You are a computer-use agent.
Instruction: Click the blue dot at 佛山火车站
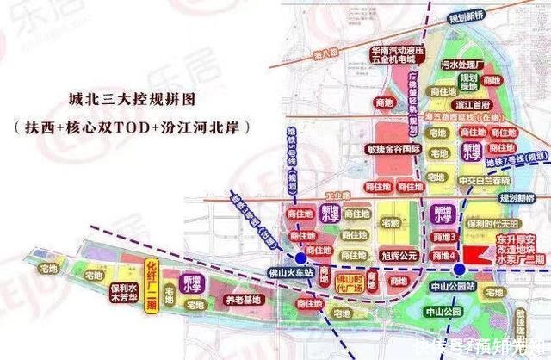[299, 258]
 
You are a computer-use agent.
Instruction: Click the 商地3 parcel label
[442, 236]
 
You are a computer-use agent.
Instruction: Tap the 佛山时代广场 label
[350, 284]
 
